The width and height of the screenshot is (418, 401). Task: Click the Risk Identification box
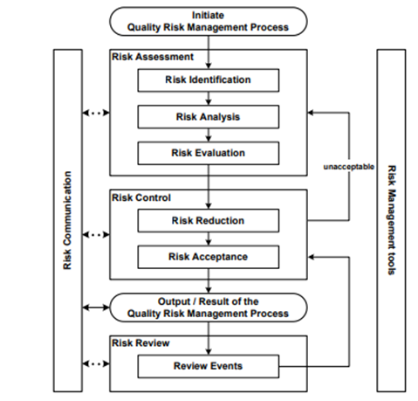pyautogui.click(x=208, y=80)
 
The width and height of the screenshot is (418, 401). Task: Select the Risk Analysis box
pyautogui.click(x=208, y=116)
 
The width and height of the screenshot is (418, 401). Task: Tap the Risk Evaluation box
pyautogui.click(x=208, y=153)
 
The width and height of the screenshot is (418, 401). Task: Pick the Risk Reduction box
pyautogui.click(x=208, y=220)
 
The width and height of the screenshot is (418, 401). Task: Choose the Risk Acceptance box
pyautogui.click(x=208, y=257)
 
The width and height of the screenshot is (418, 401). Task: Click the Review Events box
pyautogui.click(x=208, y=365)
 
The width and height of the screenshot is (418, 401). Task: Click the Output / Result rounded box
pyautogui.click(x=208, y=308)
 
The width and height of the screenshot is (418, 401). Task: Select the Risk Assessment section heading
pyautogui.click(x=147, y=57)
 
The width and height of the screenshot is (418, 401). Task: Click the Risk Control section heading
pyautogui.click(x=140, y=197)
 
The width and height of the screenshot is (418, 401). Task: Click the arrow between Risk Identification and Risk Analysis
pyautogui.click(x=208, y=98)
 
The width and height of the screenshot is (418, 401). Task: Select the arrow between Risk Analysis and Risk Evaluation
pyautogui.click(x=208, y=135)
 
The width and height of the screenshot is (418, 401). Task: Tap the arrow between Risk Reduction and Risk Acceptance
pyautogui.click(x=208, y=239)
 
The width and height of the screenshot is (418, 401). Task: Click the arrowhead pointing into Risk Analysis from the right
pyautogui.click(x=284, y=114)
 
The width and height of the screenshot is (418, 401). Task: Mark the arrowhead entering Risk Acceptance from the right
pyautogui.click(x=284, y=257)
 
